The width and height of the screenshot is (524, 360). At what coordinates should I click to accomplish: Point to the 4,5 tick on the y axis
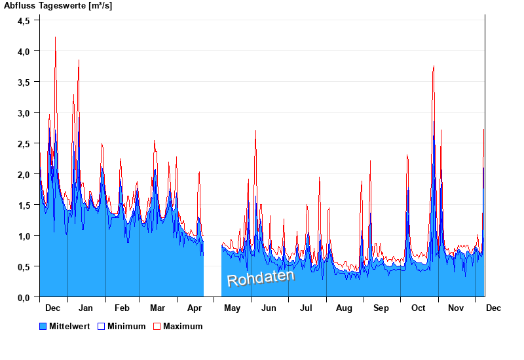point(24,20)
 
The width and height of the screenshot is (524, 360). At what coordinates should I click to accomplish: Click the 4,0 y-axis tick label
point(24,51)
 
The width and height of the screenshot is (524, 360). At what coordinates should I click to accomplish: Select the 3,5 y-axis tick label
point(24,82)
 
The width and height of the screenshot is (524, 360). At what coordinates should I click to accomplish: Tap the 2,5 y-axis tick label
point(24,143)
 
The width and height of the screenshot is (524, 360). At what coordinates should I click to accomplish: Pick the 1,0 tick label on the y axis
point(24,236)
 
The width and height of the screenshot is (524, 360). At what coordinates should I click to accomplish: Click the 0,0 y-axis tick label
point(24,297)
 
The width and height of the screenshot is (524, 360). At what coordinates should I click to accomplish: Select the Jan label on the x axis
point(85,308)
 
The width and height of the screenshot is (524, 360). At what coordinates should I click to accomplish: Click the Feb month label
point(122,308)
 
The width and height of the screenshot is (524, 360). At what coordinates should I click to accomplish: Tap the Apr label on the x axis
point(195,308)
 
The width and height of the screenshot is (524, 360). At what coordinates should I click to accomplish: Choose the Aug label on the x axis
point(344,308)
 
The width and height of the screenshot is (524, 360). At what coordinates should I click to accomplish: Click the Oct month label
point(418,308)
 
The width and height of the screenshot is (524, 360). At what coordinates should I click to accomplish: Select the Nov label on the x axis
point(455,308)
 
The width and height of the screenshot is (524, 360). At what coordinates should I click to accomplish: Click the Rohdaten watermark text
point(260,278)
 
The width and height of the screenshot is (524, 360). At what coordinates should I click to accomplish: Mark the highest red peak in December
point(55,37)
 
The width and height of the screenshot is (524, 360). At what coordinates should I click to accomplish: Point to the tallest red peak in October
point(434,66)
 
